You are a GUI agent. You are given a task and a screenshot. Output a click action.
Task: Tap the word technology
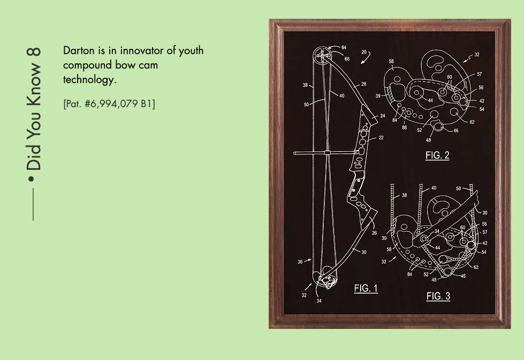tap(89, 80)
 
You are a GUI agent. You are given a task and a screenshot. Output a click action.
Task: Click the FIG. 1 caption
tap(366, 288)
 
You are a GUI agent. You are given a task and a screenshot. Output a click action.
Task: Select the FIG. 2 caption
tap(437, 155)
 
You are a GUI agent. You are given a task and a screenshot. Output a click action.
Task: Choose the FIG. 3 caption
tap(438, 296)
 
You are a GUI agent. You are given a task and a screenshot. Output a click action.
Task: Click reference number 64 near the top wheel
tap(344, 48)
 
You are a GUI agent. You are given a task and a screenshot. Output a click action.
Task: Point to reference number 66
tap(347, 59)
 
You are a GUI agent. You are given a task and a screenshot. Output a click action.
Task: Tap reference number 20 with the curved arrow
tap(364, 52)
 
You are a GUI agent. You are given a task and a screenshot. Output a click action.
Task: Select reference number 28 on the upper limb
tap(363, 84)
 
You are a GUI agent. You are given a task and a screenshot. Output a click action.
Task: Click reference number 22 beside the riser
tap(381, 138)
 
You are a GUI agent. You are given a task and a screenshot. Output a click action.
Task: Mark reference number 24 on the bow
tap(382, 116)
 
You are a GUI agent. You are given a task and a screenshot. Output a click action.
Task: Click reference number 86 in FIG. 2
tap(404, 127)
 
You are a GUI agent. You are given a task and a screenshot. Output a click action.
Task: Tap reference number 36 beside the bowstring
tap(300, 262)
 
